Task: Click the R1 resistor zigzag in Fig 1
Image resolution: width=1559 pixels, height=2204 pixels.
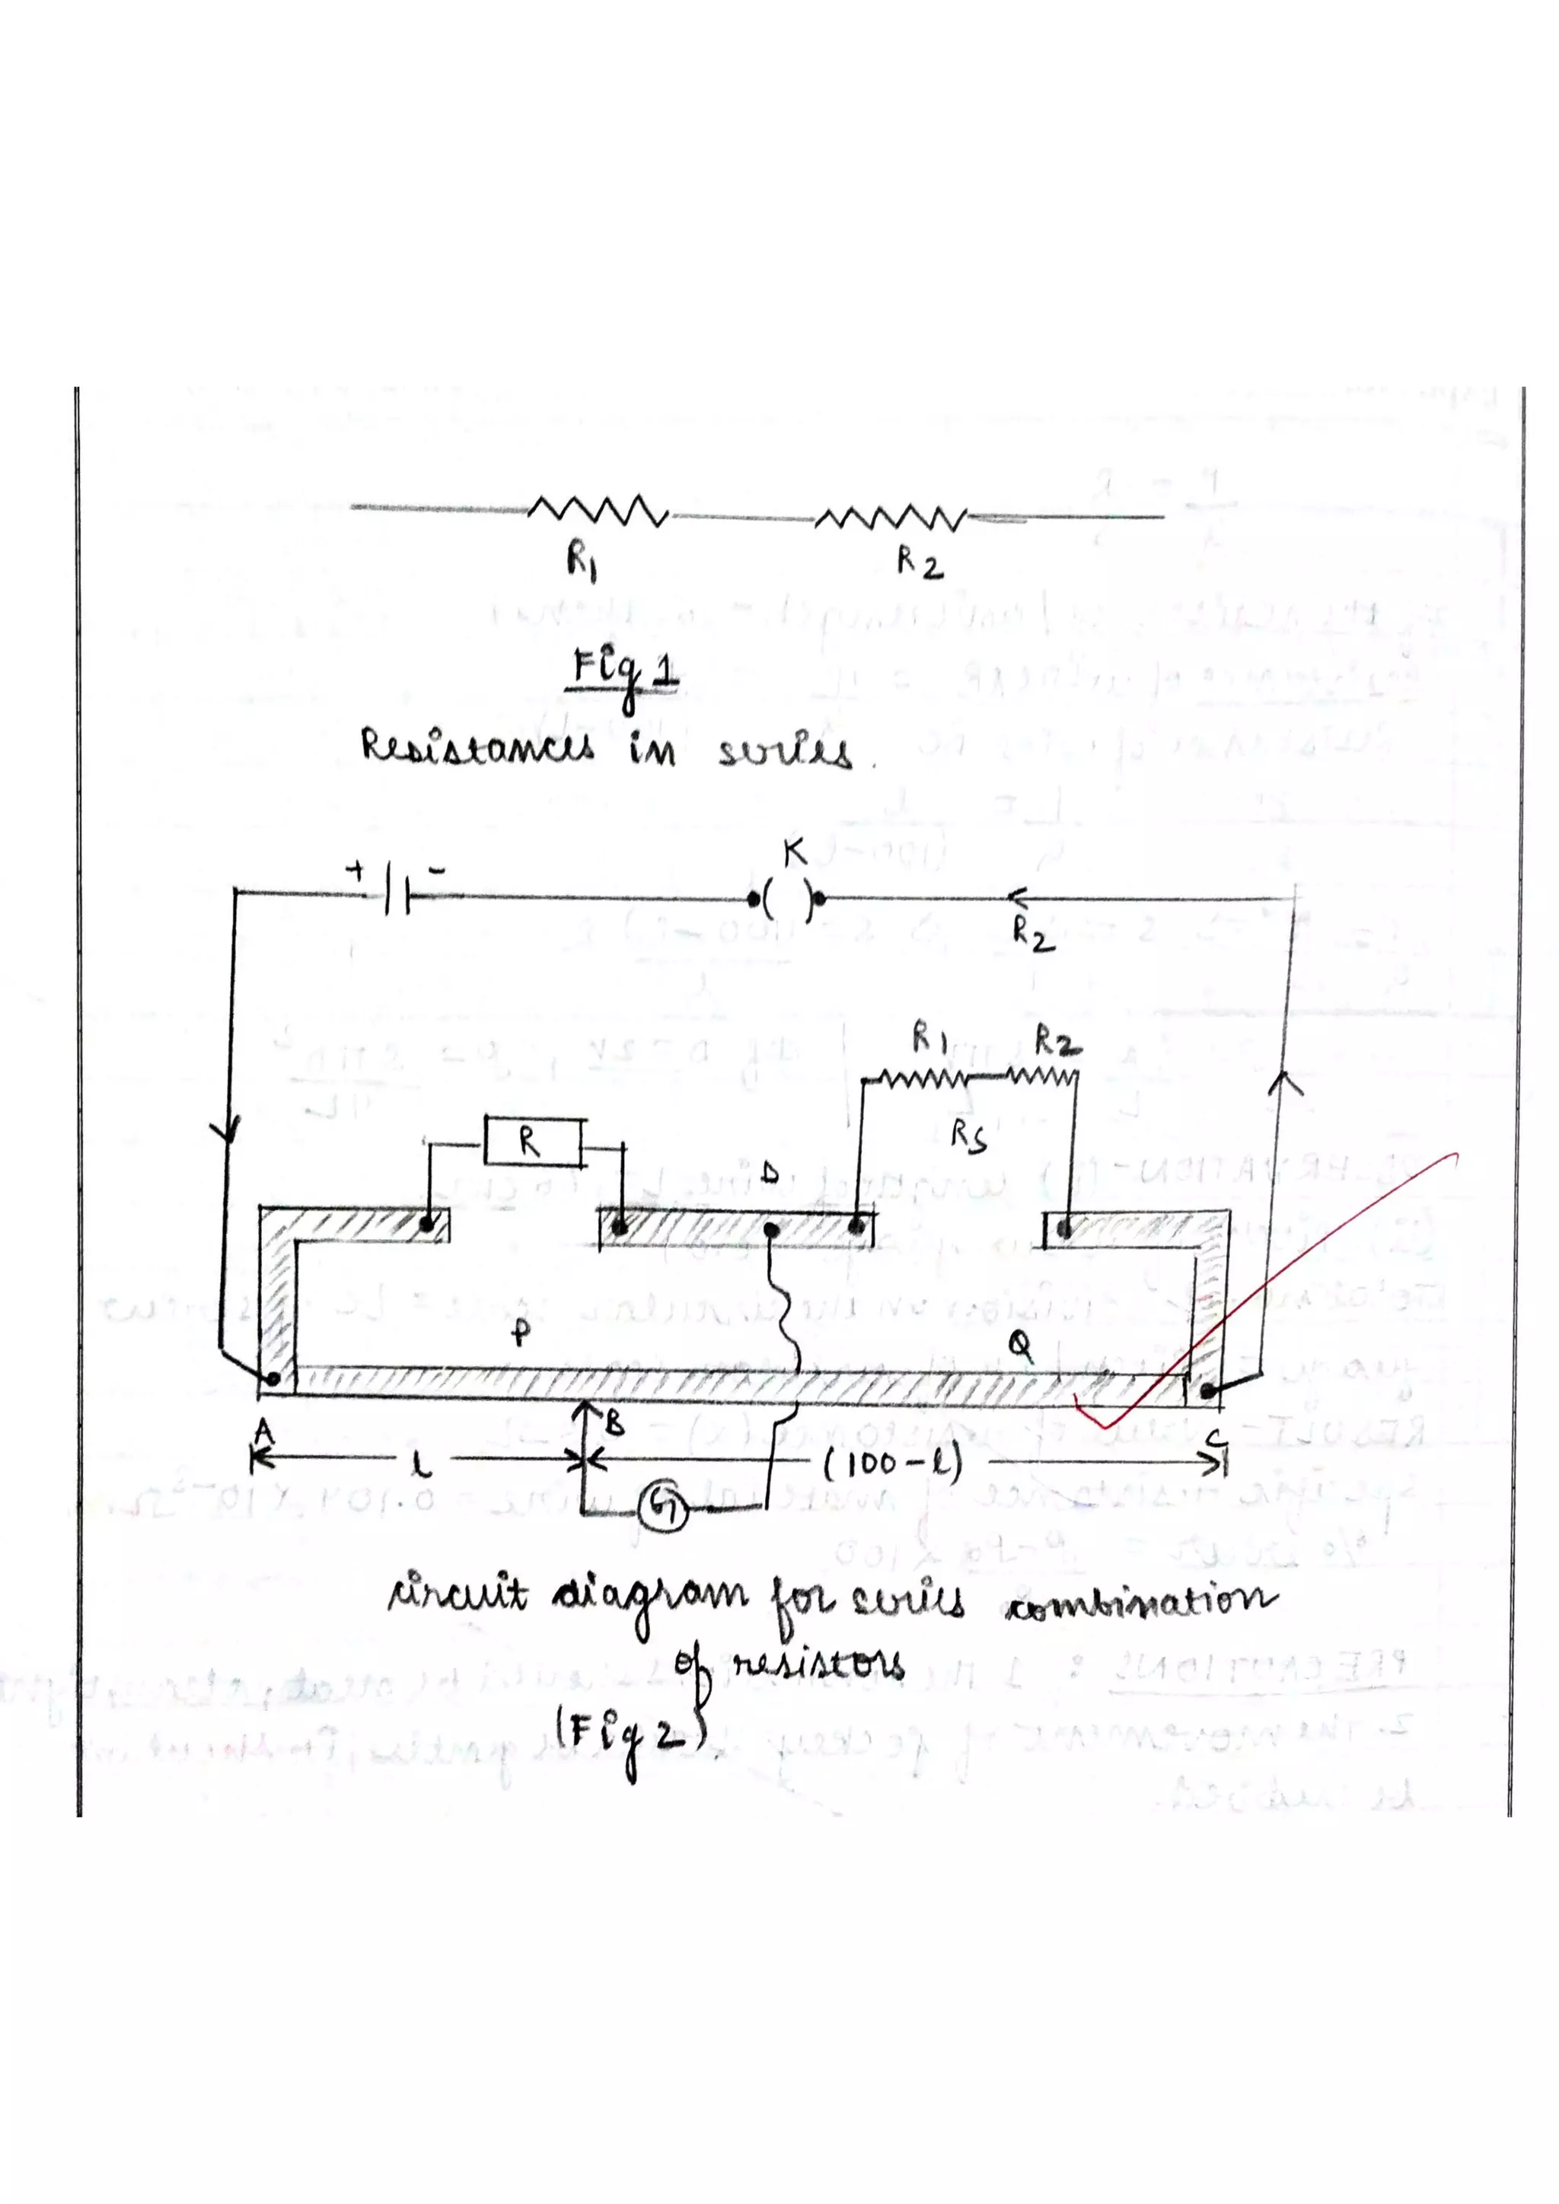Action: [x=597, y=511]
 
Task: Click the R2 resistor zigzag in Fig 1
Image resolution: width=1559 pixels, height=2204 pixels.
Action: [x=890, y=519]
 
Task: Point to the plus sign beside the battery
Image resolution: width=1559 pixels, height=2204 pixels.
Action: [x=356, y=871]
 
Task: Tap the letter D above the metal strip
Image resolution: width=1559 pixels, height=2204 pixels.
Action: [x=770, y=1175]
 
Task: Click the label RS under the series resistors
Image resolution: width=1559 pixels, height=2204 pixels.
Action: [x=968, y=1135]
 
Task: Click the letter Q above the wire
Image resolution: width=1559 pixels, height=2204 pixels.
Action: [x=1021, y=1349]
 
